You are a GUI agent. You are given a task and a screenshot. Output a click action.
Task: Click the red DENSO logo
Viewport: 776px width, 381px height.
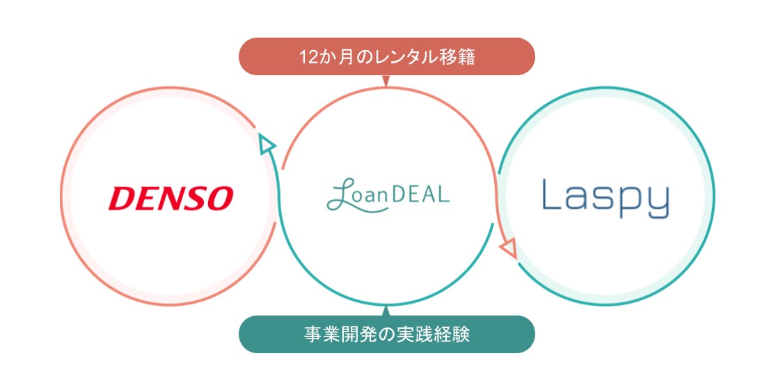(171, 199)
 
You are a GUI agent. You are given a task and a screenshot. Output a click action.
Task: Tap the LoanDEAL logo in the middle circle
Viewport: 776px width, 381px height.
(388, 196)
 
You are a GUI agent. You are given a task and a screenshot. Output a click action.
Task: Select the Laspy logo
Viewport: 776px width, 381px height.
(605, 197)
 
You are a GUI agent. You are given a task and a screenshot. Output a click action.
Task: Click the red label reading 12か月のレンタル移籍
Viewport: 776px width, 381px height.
(386, 56)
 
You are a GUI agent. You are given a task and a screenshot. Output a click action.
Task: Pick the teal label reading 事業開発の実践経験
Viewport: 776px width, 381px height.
(386, 334)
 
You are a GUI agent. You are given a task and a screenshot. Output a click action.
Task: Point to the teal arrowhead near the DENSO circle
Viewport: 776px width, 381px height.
(266, 144)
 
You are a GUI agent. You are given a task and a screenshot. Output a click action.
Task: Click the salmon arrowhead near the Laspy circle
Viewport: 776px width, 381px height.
(509, 247)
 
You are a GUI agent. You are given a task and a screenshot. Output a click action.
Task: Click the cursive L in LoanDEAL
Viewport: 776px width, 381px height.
(340, 196)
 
